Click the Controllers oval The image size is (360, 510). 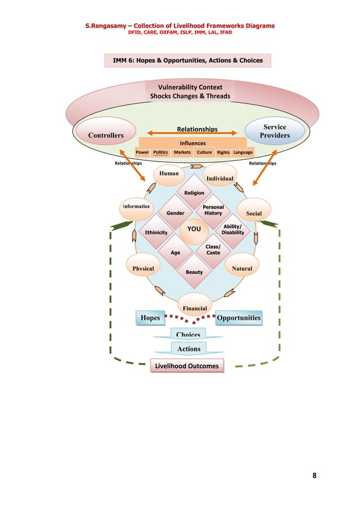coord(106,136)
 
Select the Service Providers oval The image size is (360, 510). coord(275,131)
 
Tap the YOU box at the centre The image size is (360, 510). coord(194,229)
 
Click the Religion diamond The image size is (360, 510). coord(194,193)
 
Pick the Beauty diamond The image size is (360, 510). coord(194,272)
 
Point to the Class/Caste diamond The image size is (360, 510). coord(213,250)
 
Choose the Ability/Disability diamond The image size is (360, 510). coord(232,229)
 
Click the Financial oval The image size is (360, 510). coord(194,307)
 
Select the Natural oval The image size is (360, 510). coord(242,268)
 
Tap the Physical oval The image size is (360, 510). coord(143,268)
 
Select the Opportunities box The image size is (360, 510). coord(239,318)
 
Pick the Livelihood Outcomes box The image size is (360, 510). coord(186,366)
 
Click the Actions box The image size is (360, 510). coord(188,348)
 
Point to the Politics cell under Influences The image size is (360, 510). coord(160,152)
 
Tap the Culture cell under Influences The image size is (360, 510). coord(204,152)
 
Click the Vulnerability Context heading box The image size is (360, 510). coord(190,91)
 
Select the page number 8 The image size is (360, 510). coord(314,475)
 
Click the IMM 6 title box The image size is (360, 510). coord(187,60)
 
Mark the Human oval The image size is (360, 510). coord(169,174)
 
